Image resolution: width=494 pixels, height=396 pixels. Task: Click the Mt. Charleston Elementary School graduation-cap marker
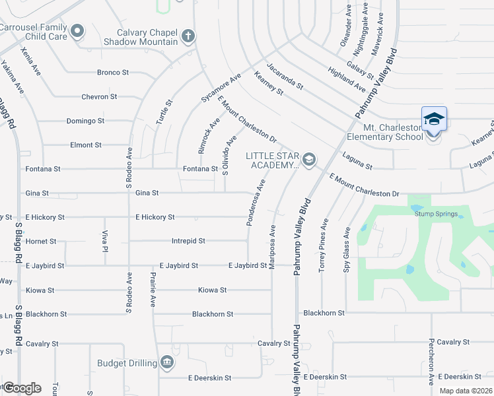coord(434,119)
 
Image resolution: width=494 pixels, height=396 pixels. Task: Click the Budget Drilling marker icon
coord(166,362)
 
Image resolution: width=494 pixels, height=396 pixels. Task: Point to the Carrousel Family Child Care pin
coord(78,30)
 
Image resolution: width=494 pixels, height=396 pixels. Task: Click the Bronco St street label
coord(112,73)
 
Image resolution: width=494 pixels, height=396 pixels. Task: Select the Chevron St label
coord(99,96)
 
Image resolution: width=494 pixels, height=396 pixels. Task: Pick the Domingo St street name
coord(85,121)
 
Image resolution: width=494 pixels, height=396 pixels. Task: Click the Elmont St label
coord(86,145)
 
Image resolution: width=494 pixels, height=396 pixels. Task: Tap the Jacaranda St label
coord(285,76)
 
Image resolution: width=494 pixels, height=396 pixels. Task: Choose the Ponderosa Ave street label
coord(256,202)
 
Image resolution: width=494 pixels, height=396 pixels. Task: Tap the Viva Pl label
coord(104,241)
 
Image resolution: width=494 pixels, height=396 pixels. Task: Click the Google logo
coord(22,388)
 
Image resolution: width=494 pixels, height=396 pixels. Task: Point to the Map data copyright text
coord(466,391)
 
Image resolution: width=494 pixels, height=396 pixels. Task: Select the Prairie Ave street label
coord(153,291)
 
